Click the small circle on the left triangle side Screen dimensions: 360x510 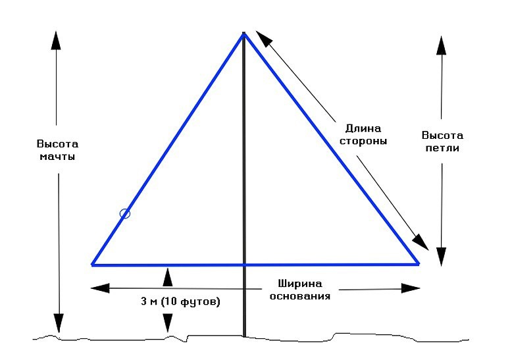125,213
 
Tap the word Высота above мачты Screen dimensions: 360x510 57,144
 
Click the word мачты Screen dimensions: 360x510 57,157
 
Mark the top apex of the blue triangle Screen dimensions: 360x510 244,33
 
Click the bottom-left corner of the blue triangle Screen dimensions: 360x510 92,264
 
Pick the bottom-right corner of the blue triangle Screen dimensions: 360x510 419,264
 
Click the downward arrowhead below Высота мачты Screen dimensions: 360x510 59,323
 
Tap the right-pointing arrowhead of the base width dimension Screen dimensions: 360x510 412,288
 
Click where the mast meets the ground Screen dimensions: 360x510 245,336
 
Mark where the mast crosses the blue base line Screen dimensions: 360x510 245,264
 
